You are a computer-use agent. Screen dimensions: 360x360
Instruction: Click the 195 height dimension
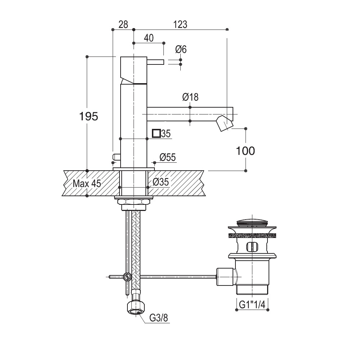89,116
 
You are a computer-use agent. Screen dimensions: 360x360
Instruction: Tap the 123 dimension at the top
180,24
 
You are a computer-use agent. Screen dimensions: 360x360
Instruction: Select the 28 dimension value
123,24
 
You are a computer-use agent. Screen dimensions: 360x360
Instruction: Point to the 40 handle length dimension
149,38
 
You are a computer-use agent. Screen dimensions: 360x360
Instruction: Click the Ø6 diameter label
181,49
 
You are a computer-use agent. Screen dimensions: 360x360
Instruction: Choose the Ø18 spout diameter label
190,97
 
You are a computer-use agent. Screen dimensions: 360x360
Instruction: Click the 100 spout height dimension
246,151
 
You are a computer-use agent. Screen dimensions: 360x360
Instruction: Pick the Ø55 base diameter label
168,157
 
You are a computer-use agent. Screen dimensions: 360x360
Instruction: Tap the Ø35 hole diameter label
161,182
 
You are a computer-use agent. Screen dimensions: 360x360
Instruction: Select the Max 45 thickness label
87,184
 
